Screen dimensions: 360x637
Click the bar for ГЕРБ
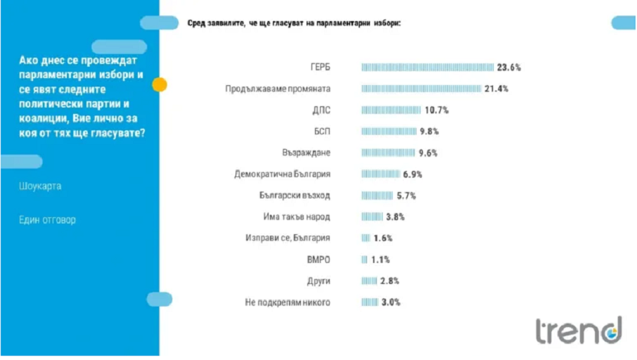[427, 67]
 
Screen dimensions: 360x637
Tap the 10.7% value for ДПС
[437, 110]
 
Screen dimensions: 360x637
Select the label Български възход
[297, 195]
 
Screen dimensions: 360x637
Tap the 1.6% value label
[382, 238]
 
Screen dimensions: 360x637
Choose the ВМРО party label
[319, 259]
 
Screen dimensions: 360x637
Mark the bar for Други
[369, 281]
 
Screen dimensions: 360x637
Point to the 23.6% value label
[508, 67]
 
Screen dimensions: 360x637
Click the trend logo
[578, 330]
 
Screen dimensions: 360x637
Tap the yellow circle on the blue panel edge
[159, 85]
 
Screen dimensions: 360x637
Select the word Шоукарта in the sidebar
[40, 186]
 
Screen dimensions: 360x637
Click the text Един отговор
[47, 219]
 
